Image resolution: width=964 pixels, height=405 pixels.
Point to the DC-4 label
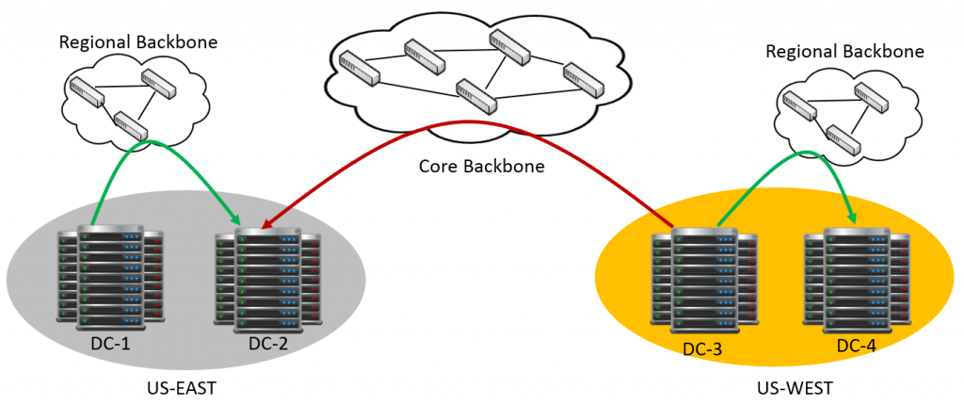point(856,347)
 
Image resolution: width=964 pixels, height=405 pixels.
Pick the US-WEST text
point(795,388)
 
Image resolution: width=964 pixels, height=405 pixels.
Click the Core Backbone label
point(482,167)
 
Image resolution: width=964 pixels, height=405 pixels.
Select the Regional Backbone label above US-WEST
point(844,51)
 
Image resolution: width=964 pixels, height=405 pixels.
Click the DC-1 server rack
point(110,278)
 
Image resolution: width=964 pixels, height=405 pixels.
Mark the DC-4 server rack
point(857,280)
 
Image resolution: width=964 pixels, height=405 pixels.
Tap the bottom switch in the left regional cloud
point(129,126)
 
